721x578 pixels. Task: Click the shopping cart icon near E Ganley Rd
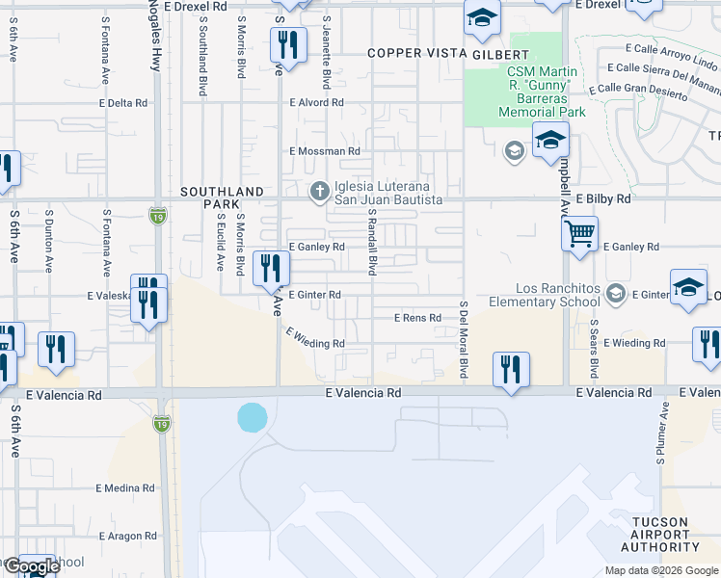[x=579, y=233]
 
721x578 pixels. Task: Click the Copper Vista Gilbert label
[x=449, y=55]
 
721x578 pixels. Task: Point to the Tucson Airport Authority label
[x=659, y=535]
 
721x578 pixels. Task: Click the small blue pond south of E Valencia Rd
[x=252, y=417]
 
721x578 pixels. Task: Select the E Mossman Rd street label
[x=325, y=151]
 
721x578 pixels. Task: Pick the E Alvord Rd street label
[x=316, y=102]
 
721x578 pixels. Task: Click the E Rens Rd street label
[x=417, y=318]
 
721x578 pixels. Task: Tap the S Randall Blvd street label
[x=371, y=249]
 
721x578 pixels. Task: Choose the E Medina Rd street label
[x=125, y=488]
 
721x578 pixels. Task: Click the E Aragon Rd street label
[x=125, y=535]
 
